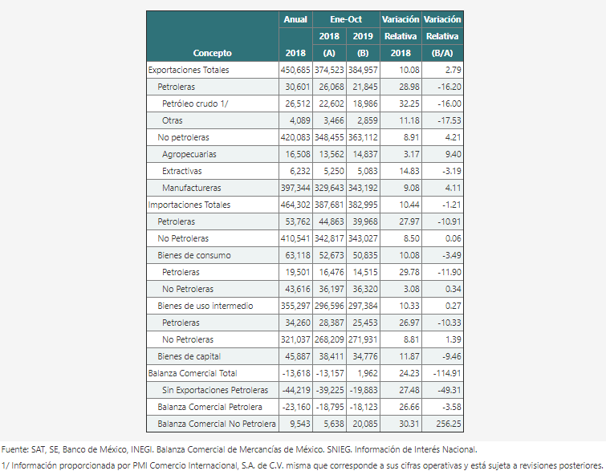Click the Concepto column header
point(212,53)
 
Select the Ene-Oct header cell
point(346,19)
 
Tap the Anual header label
point(295,19)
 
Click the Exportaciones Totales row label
point(189,70)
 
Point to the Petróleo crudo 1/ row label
point(195,104)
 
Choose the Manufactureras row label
point(192,188)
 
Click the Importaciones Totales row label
point(189,205)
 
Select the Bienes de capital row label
point(189,356)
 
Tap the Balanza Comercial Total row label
point(193,373)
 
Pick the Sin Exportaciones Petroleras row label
point(215,390)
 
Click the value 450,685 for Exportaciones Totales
point(295,70)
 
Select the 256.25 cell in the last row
point(449,424)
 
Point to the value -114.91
point(447,373)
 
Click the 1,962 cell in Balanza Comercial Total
point(367,373)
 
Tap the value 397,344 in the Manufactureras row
point(295,188)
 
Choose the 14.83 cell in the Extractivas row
point(409,171)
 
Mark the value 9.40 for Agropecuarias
point(453,154)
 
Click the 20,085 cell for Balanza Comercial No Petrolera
point(365,424)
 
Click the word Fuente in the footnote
point(14,449)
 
